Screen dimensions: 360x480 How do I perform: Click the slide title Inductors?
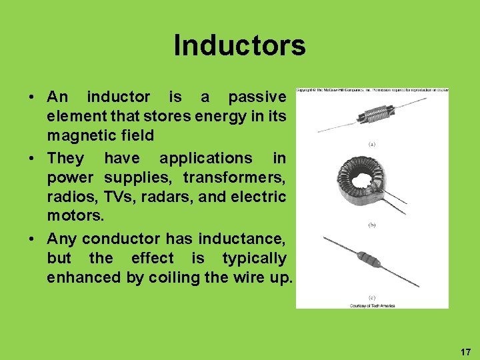click(239, 45)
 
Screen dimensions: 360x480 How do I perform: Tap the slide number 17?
click(465, 351)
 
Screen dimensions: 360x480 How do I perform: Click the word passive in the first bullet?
click(257, 97)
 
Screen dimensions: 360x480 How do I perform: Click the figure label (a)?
click(372, 143)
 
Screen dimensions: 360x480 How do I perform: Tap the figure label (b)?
click(372, 225)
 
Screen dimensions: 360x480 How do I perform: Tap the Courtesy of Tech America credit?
click(372, 305)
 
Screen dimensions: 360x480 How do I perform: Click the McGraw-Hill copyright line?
click(372, 90)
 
